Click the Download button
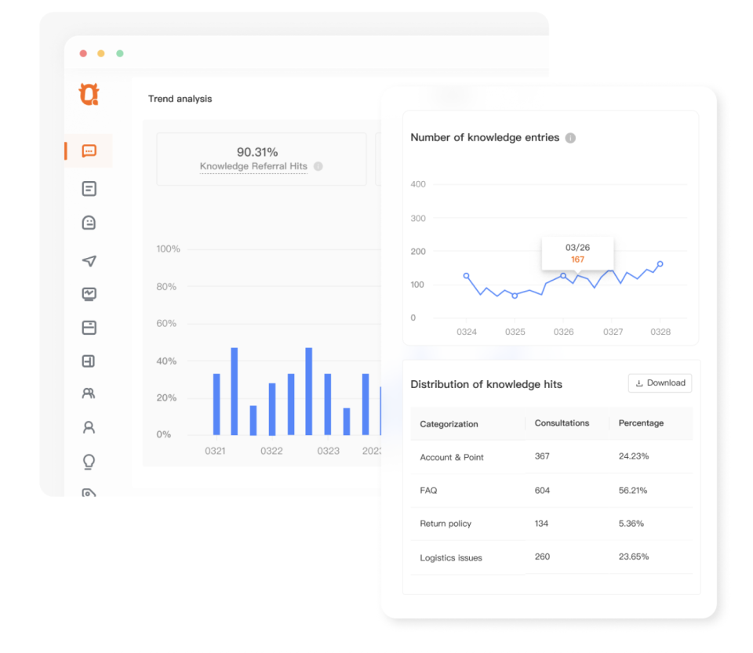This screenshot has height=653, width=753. pyautogui.click(x=660, y=383)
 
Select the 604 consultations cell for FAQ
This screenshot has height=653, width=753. pyautogui.click(x=542, y=491)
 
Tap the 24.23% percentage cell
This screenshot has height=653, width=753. pyautogui.click(x=634, y=456)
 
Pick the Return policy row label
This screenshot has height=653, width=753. pyautogui.click(x=446, y=524)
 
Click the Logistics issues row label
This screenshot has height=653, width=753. pyautogui.click(x=450, y=557)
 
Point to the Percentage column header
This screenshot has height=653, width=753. pyautogui.click(x=641, y=423)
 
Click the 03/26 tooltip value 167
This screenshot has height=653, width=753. pyautogui.click(x=577, y=259)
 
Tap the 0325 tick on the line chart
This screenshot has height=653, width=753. pyautogui.click(x=515, y=332)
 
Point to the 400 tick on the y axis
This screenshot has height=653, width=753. pyautogui.click(x=418, y=184)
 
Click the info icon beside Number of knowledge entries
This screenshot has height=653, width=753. pyautogui.click(x=570, y=138)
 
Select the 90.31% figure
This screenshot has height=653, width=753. pyautogui.click(x=257, y=152)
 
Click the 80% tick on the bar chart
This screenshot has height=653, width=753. pyautogui.click(x=166, y=286)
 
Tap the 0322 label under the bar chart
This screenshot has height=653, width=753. pyautogui.click(x=271, y=451)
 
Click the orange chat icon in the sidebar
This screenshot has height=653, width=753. pyautogui.click(x=89, y=151)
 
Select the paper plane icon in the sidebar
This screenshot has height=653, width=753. pyautogui.click(x=89, y=260)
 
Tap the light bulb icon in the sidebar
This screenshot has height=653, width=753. pyautogui.click(x=89, y=462)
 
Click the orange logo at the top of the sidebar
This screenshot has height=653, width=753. pyautogui.click(x=89, y=94)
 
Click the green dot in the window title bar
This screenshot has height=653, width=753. pyautogui.click(x=119, y=53)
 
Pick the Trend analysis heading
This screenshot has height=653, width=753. pyautogui.click(x=180, y=99)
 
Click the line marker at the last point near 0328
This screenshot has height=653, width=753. pyautogui.click(x=660, y=264)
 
